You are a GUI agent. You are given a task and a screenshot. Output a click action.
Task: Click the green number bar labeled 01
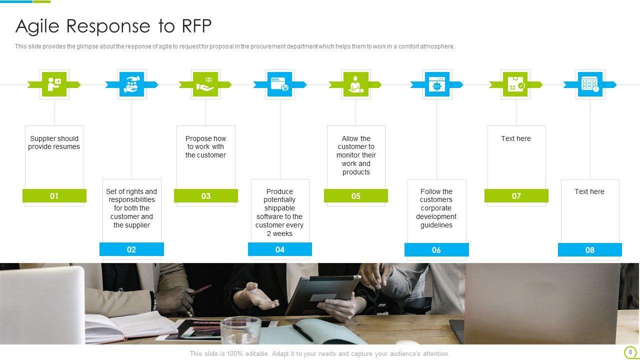point(54,195)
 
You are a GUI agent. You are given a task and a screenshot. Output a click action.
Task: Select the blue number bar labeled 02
point(131,249)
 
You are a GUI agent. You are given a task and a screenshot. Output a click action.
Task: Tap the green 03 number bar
point(205,195)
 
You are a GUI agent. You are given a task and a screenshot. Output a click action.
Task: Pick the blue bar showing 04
point(279,249)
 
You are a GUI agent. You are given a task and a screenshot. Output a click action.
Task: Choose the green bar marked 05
point(355,195)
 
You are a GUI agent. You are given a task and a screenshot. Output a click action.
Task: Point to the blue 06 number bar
point(436,249)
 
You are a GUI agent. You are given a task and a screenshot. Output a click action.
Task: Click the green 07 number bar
point(516,195)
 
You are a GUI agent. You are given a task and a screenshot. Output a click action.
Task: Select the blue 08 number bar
point(589,249)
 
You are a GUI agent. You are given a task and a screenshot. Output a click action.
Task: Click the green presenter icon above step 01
point(54,84)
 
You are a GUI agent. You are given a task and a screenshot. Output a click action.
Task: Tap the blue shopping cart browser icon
point(279,84)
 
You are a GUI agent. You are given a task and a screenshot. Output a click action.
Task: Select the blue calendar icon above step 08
point(590,84)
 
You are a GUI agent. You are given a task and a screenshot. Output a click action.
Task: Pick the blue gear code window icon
point(437,84)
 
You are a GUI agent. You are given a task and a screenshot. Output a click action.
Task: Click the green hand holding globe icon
point(205,84)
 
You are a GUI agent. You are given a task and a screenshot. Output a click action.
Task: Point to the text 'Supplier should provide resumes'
point(54,142)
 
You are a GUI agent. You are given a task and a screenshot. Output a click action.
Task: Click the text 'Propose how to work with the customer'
point(205,147)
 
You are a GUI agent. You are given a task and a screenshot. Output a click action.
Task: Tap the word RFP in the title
point(196,25)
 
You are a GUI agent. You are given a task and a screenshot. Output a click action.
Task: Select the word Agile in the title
point(37,26)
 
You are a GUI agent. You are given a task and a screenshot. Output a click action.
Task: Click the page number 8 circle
point(630,352)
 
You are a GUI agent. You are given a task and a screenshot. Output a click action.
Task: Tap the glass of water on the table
point(240,331)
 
